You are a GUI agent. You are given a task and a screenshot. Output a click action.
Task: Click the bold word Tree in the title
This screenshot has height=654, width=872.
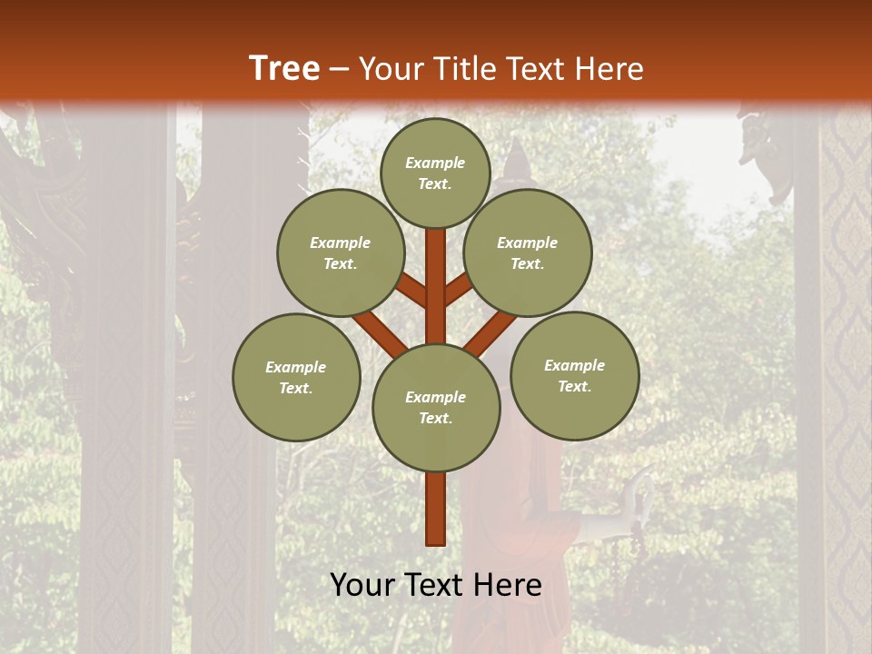284,68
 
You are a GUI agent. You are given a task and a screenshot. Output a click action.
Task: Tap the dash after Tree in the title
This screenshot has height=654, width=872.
339,70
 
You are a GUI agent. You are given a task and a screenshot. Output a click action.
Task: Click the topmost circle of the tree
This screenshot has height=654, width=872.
435,173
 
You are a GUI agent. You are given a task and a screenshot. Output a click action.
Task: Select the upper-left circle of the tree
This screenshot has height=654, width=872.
341,253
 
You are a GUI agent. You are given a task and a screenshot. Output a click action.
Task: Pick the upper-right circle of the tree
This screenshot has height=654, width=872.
528,253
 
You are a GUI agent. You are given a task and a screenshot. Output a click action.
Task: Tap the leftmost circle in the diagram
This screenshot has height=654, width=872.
296,377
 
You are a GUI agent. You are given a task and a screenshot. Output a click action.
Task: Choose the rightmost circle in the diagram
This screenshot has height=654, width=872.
574,375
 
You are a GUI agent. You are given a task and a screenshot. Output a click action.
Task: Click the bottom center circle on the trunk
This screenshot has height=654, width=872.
436,407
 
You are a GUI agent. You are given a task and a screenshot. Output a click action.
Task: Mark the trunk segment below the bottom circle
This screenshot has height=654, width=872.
436,509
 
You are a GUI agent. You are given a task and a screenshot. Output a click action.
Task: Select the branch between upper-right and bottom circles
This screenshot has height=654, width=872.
490,332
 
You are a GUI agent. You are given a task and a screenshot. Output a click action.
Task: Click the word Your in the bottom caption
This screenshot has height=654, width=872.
362,585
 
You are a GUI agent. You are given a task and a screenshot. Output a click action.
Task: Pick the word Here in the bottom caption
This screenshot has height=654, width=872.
509,585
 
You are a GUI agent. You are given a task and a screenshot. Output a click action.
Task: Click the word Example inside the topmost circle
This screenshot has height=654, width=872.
435,163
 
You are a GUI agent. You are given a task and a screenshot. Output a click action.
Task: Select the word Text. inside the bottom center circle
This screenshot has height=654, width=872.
435,418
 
